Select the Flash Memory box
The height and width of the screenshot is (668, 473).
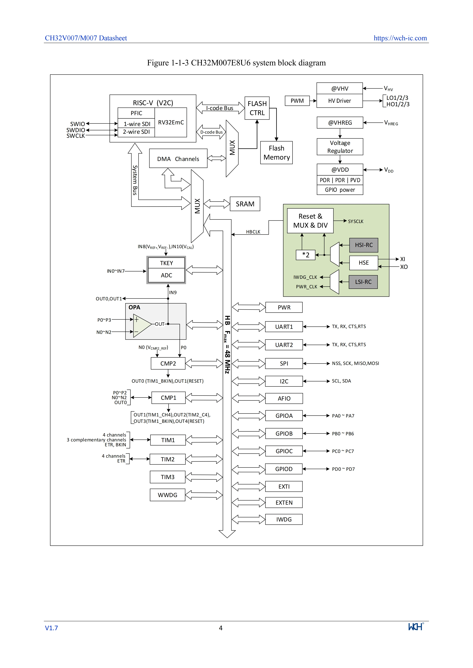(x=276, y=153)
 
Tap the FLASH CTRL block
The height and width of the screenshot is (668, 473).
(x=257, y=108)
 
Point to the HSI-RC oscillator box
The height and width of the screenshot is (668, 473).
(x=364, y=245)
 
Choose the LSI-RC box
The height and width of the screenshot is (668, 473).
(x=363, y=282)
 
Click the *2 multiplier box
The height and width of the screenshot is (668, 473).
(x=306, y=255)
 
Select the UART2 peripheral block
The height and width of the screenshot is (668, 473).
(x=284, y=345)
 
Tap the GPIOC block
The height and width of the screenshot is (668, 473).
(x=284, y=451)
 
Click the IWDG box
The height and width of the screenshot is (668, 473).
(x=284, y=519)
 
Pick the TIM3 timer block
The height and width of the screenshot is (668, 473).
(x=167, y=477)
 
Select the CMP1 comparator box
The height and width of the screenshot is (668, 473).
(x=168, y=398)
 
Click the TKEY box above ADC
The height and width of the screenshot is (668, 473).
(x=166, y=263)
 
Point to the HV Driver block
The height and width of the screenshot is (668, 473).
(x=340, y=101)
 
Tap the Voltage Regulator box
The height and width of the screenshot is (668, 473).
(x=340, y=147)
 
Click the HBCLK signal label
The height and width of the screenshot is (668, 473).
(x=253, y=232)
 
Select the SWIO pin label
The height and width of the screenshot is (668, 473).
(x=77, y=124)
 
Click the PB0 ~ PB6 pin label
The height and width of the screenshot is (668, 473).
(x=343, y=434)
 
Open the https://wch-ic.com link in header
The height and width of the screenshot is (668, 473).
(x=400, y=38)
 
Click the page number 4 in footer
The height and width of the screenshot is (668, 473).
(x=221, y=628)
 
